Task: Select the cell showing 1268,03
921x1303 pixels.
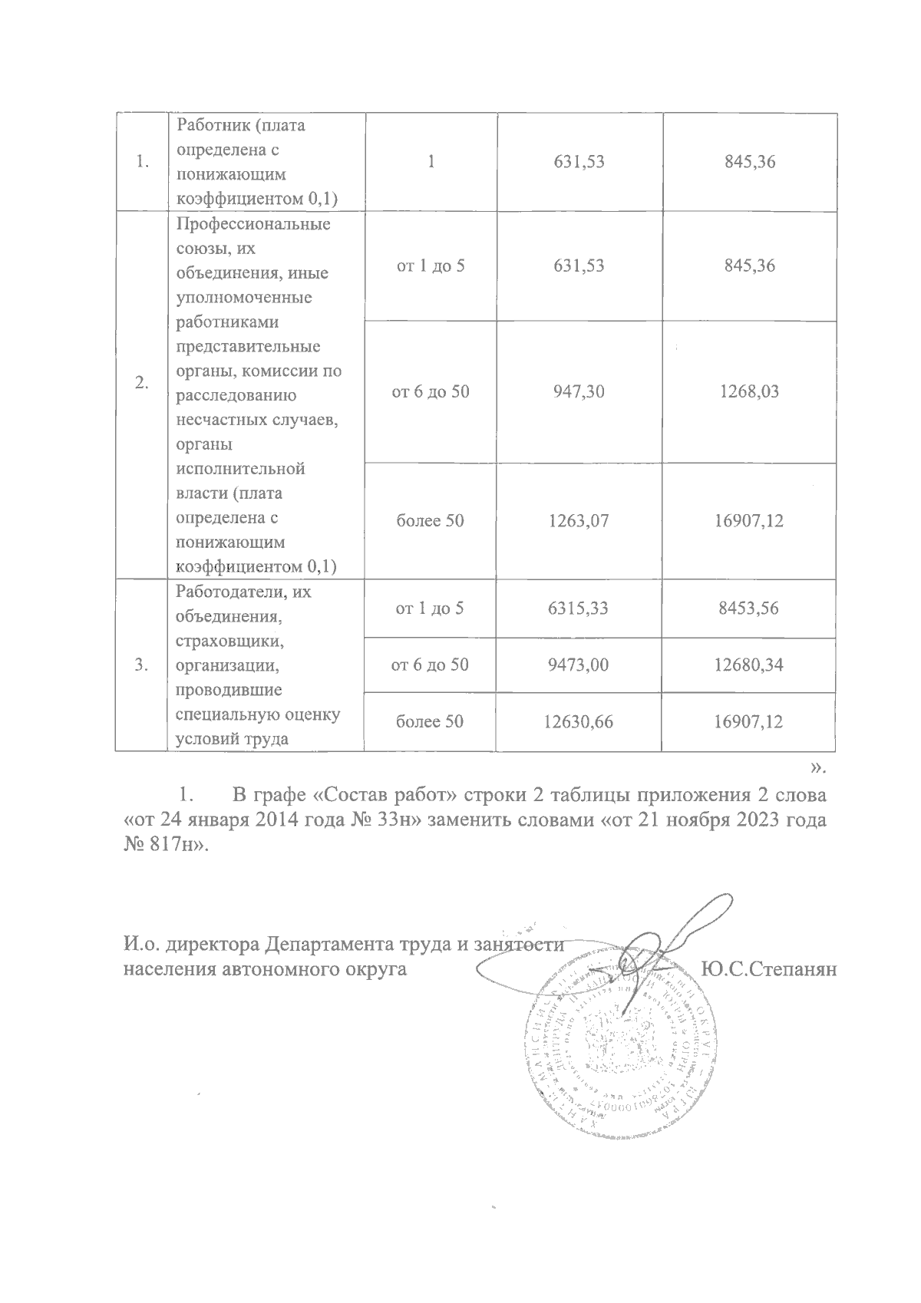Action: tap(749, 392)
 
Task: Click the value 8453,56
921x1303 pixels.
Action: tap(749, 609)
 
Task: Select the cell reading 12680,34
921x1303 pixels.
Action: tap(749, 665)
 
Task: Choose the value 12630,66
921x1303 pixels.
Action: tap(579, 721)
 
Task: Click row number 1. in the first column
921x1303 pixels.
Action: tap(141, 162)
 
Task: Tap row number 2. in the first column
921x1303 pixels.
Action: tap(141, 384)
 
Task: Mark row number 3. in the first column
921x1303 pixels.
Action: tap(141, 665)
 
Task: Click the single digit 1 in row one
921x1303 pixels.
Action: tap(431, 162)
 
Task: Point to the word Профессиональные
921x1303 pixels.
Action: tap(253, 225)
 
